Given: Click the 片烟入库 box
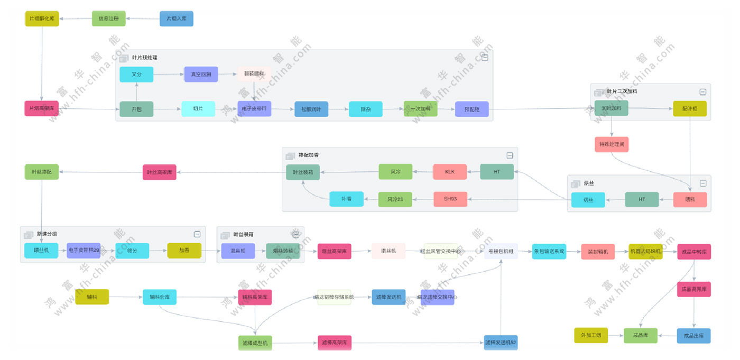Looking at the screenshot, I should pyautogui.click(x=177, y=19).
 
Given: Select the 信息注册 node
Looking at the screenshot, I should pyautogui.click(x=109, y=19).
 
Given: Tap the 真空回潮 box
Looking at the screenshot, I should pyautogui.click(x=201, y=75).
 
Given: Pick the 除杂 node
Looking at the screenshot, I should pyautogui.click(x=365, y=109).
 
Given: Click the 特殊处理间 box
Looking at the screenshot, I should pyautogui.click(x=612, y=144).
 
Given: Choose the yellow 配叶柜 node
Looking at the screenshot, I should pyautogui.click(x=690, y=109).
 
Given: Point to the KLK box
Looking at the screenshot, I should pyautogui.click(x=450, y=172).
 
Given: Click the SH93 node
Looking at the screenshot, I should pyautogui.click(x=450, y=199).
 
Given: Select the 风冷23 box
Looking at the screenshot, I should pyautogui.click(x=395, y=199).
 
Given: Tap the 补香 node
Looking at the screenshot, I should pyautogui.click(x=346, y=199).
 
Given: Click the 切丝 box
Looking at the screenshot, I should pyautogui.click(x=588, y=200).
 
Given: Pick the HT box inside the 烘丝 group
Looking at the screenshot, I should pyautogui.click(x=642, y=199).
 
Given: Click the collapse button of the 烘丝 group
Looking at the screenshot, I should pyautogui.click(x=703, y=183).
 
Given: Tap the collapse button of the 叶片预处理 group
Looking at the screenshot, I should pyautogui.click(x=484, y=58).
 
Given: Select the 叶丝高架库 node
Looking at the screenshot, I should pyautogui.click(x=160, y=172).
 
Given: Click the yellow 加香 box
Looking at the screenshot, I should pyautogui.click(x=184, y=251).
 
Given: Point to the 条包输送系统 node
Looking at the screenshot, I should pyautogui.click(x=549, y=251).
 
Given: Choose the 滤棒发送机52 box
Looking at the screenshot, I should pyautogui.click(x=501, y=343).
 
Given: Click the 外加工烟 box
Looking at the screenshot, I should pyautogui.click(x=591, y=336).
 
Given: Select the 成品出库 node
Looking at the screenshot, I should pyautogui.click(x=693, y=336).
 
